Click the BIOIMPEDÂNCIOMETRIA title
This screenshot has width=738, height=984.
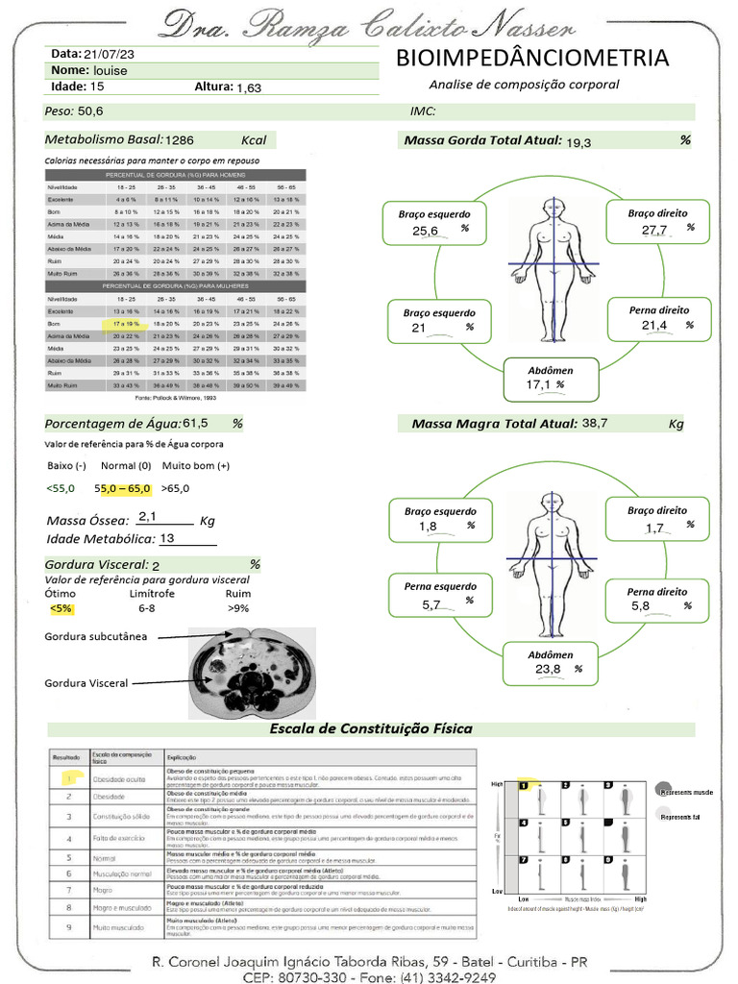tap(531, 59)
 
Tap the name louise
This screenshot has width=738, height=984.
tap(111, 71)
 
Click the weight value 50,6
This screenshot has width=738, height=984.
tap(90, 111)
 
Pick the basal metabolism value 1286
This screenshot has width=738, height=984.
tap(186, 140)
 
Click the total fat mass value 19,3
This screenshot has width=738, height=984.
tap(578, 142)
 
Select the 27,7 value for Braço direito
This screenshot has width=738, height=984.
tap(654, 230)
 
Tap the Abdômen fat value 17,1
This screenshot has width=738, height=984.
tap(538, 385)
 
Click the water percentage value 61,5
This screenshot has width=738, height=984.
tap(195, 423)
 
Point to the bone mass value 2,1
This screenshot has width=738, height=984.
tap(148, 516)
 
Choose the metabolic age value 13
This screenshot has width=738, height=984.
tap(167, 539)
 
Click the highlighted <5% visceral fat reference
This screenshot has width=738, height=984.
tap(61, 608)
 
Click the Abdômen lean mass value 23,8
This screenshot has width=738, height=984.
tap(549, 670)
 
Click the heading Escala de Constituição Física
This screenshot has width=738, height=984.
tap(371, 728)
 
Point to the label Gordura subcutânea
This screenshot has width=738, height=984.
tap(95, 637)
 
